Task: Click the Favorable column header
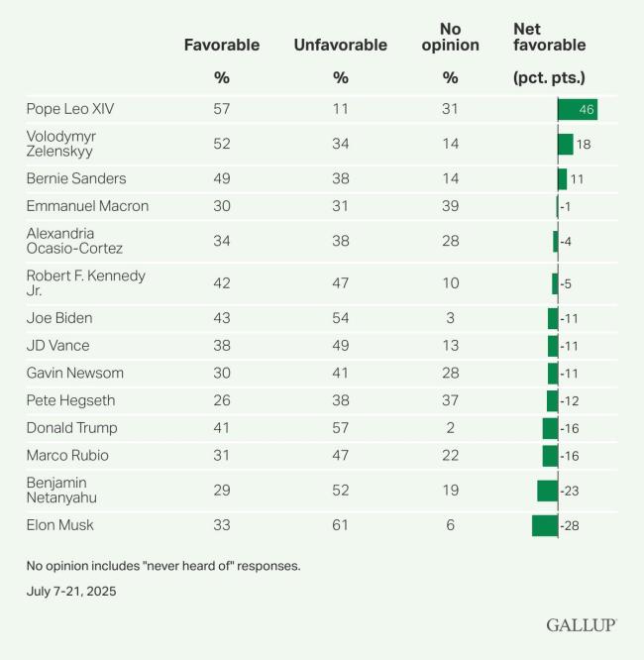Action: (x=222, y=45)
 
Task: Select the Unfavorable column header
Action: (x=340, y=45)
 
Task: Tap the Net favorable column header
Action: (x=549, y=38)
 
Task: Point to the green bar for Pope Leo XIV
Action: (x=577, y=109)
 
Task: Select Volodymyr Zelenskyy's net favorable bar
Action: (x=565, y=144)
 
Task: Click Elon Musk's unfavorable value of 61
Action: (x=341, y=525)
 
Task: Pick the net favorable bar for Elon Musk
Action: (x=545, y=525)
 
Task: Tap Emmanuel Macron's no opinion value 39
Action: (x=451, y=206)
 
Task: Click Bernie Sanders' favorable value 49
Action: (x=222, y=178)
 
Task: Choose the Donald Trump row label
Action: (x=71, y=428)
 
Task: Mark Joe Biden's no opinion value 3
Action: (x=451, y=318)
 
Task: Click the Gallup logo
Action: (x=581, y=625)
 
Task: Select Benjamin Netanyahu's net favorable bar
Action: (x=547, y=491)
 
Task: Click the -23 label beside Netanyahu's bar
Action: (x=570, y=491)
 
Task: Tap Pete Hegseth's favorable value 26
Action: (x=222, y=400)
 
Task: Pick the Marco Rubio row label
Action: (x=66, y=456)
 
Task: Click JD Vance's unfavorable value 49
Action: (x=341, y=346)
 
